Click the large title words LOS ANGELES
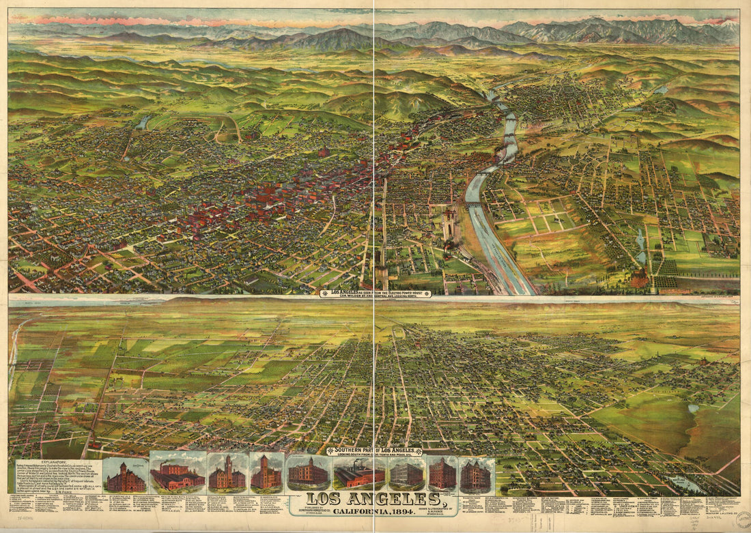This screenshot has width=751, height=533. (x=373, y=498)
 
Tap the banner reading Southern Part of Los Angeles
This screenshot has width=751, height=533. (x=373, y=451)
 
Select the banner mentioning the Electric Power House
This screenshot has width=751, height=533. (x=375, y=293)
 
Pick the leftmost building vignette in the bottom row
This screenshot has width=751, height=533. (x=125, y=475)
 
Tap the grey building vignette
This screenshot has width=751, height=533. (x=406, y=472)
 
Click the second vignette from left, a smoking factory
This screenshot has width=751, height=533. (x=177, y=472)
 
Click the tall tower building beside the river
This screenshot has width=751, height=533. (x=449, y=225)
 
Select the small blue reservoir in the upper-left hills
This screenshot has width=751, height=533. (x=145, y=121)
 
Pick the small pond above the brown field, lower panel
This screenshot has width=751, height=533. (x=694, y=408)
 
